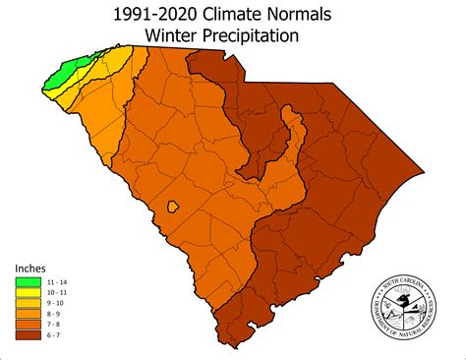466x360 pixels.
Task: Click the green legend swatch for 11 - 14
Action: [29, 282]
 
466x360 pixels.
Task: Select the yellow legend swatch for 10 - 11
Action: [29, 293]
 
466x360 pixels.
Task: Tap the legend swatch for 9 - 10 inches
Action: [29, 304]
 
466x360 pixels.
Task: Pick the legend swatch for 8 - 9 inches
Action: [29, 315]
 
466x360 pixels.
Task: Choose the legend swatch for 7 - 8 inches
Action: [29, 326]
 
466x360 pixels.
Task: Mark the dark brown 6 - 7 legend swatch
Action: [29, 336]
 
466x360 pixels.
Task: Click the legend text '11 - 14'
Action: [56, 282]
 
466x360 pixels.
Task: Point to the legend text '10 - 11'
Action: [56, 293]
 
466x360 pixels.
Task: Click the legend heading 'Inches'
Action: [29, 268]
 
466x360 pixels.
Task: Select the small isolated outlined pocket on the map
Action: [173, 208]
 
